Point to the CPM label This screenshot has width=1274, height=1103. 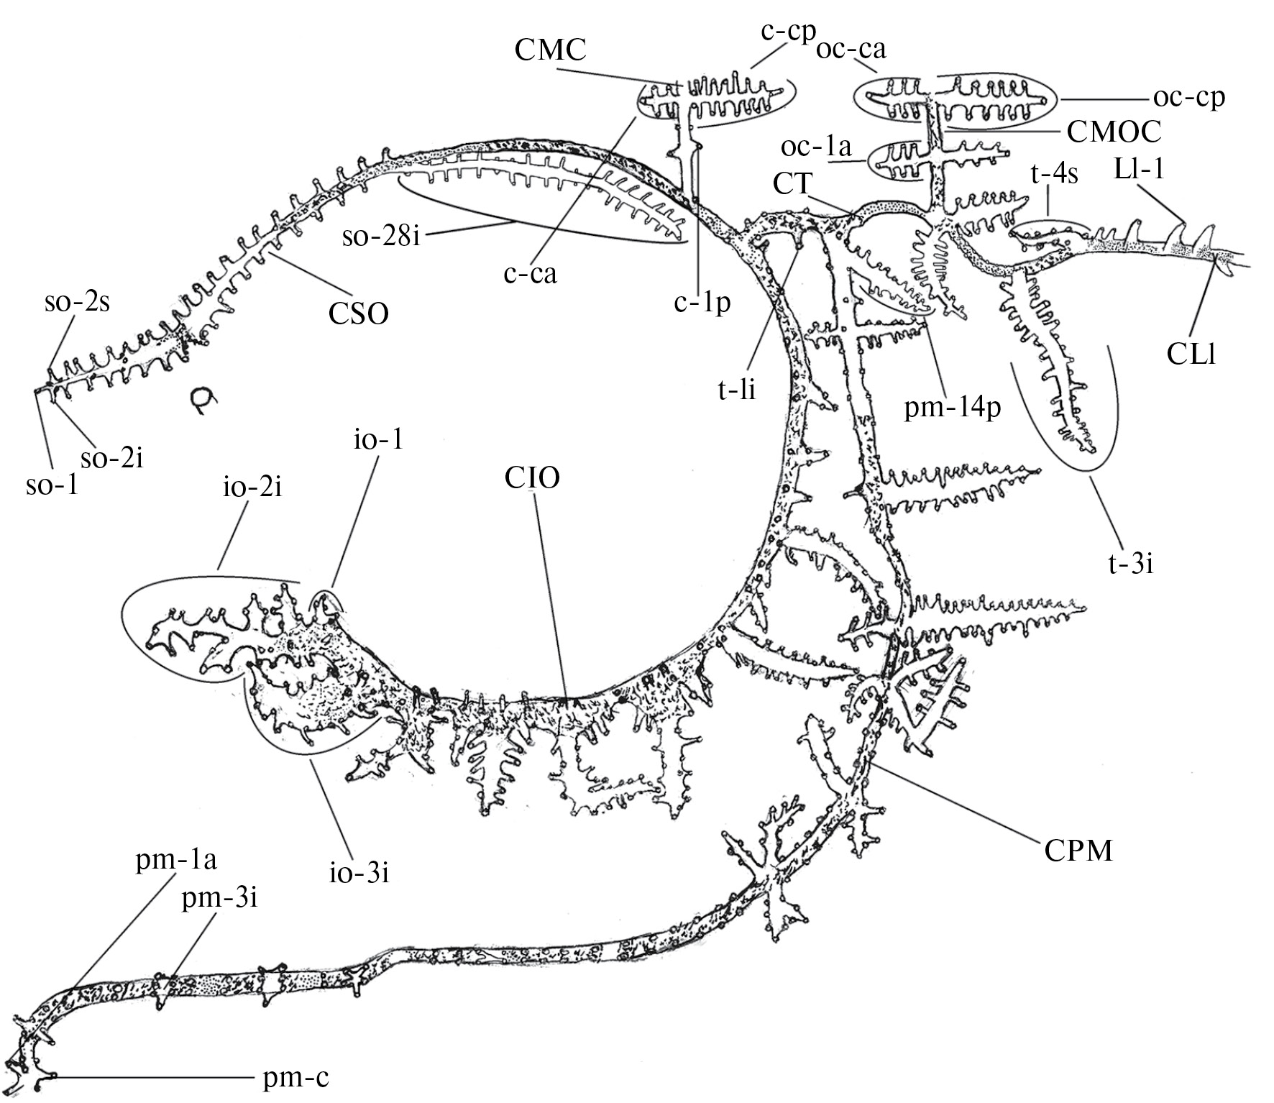[x=1080, y=851]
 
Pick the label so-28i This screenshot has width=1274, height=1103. [x=381, y=235]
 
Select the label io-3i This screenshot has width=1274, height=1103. [x=356, y=874]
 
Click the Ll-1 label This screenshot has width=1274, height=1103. [x=1137, y=170]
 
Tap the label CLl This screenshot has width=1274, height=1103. [x=1191, y=354]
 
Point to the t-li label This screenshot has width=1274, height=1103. [x=736, y=390]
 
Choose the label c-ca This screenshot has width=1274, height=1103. [x=531, y=273]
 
